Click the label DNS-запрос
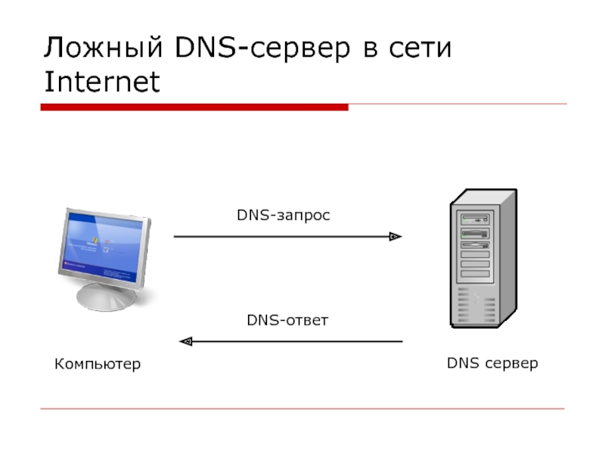(x=284, y=216)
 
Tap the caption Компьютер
(x=98, y=365)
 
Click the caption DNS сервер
(x=492, y=363)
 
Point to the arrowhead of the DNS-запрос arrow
(x=395, y=237)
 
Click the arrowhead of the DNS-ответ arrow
(x=185, y=341)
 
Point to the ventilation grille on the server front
(x=473, y=306)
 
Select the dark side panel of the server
(x=507, y=257)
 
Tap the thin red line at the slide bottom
(x=302, y=409)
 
